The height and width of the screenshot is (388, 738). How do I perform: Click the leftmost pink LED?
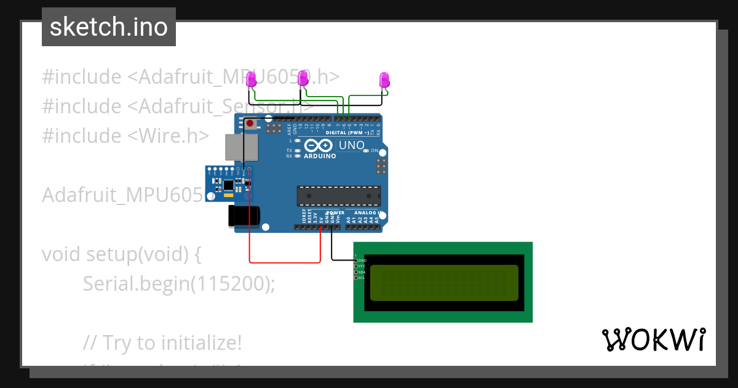click(251, 79)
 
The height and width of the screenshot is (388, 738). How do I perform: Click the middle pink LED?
click(303, 78)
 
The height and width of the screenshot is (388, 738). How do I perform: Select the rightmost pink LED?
click(384, 79)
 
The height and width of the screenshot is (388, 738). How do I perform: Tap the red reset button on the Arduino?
click(250, 124)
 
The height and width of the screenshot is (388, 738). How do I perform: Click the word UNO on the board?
click(351, 145)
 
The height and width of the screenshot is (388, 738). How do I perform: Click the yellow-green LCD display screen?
click(443, 282)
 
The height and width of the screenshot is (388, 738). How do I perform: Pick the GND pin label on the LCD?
click(362, 261)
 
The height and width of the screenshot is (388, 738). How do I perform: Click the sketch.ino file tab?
click(109, 27)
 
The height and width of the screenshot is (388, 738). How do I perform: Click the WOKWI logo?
click(653, 339)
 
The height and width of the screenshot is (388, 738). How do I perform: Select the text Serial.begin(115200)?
click(179, 283)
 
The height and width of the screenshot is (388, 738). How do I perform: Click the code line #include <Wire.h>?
click(125, 135)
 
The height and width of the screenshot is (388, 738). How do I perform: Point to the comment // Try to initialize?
click(162, 342)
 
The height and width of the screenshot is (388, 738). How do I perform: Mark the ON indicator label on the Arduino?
click(374, 150)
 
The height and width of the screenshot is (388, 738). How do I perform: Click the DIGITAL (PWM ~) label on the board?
click(347, 132)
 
